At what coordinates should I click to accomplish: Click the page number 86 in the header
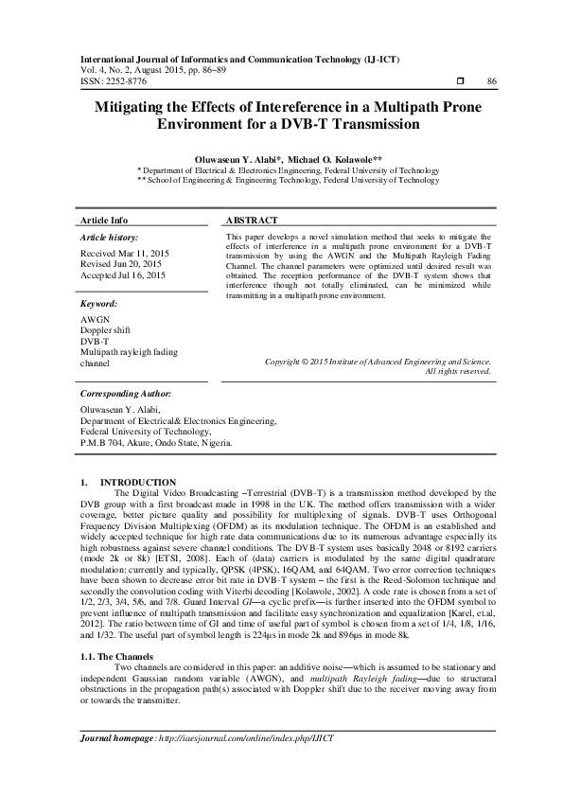point(491,81)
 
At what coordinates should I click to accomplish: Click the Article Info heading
point(104,219)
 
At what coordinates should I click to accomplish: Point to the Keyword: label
point(99,303)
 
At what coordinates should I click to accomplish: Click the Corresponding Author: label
point(126,392)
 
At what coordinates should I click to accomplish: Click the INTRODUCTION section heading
point(137,483)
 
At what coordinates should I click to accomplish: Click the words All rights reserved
point(458,371)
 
